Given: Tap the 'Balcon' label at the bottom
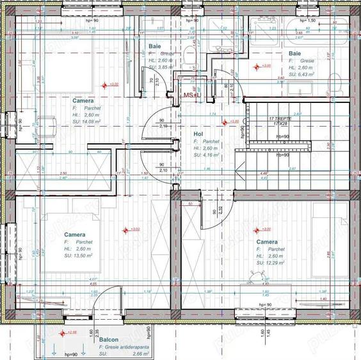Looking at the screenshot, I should (108, 340).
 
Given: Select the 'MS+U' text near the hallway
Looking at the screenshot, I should (192, 95).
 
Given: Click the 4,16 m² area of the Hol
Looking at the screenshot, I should (211, 155).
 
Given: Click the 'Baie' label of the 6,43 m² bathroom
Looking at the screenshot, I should (294, 53).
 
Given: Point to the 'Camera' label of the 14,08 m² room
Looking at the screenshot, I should (83, 101).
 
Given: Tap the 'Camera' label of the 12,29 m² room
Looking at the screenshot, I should (267, 242).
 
